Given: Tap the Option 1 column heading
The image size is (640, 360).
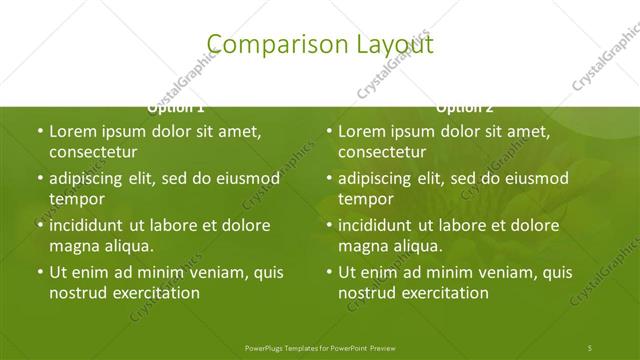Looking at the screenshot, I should [176, 107].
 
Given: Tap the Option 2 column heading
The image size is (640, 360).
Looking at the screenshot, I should [465, 107].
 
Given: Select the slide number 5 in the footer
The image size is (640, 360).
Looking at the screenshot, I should [590, 347].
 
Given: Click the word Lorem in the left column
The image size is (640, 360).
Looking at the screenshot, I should [71, 131].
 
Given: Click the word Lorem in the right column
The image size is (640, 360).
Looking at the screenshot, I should [360, 131].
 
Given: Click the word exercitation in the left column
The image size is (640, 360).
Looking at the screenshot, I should [153, 293].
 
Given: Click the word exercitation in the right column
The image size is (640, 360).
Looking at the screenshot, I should [442, 293].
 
